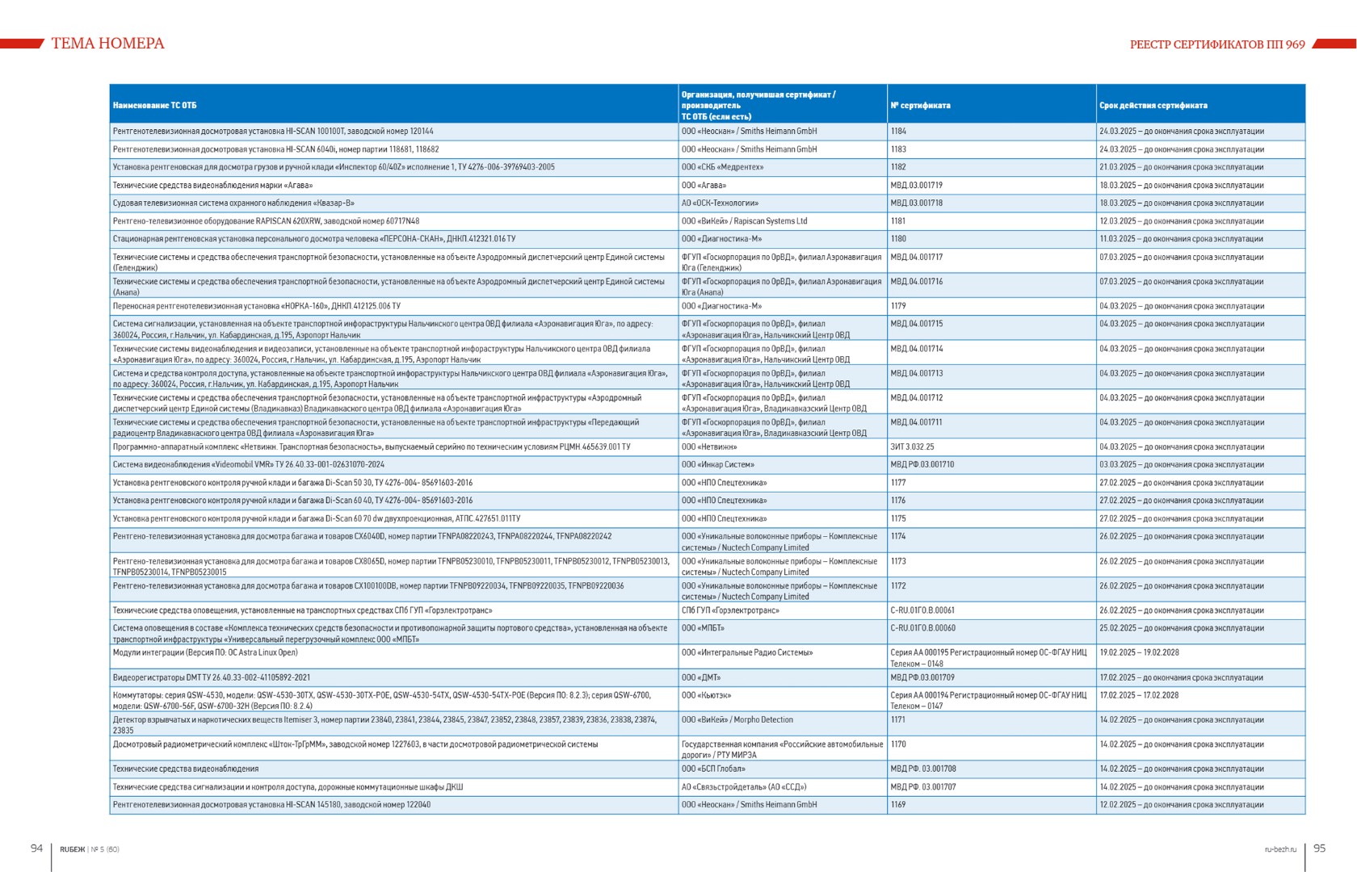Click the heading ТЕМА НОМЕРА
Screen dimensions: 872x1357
pyautogui.click(x=107, y=44)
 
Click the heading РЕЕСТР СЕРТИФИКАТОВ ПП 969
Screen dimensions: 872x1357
pyautogui.click(x=1216, y=44)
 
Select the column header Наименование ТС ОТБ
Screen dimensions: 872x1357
pyautogui.click(x=154, y=106)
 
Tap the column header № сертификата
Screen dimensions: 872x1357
pyautogui.click(x=920, y=106)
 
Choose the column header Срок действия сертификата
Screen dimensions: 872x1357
pyautogui.click(x=1153, y=106)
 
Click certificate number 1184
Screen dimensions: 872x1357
pyautogui.click(x=898, y=132)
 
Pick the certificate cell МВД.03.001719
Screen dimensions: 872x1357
pyautogui.click(x=916, y=186)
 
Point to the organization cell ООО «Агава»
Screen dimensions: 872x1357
pyautogui.click(x=704, y=186)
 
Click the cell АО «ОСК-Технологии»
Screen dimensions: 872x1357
pyautogui.click(x=720, y=203)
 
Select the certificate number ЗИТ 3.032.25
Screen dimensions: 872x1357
pyautogui.click(x=912, y=447)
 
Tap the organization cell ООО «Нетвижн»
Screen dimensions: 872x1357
pyautogui.click(x=709, y=447)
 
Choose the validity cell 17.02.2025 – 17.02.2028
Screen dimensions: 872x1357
pyautogui.click(x=1139, y=695)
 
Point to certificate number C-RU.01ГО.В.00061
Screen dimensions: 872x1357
pyautogui.click(x=922, y=611)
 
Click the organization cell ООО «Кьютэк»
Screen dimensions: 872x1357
pyautogui.click(x=706, y=695)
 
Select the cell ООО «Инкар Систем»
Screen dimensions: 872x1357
pyautogui.click(x=717, y=465)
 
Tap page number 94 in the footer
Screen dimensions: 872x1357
pyautogui.click(x=36, y=848)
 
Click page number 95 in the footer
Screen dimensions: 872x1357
pyautogui.click(x=1319, y=848)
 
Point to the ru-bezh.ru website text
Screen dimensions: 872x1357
pyautogui.click(x=1280, y=849)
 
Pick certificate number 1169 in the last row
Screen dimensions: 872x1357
pyautogui.click(x=898, y=805)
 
